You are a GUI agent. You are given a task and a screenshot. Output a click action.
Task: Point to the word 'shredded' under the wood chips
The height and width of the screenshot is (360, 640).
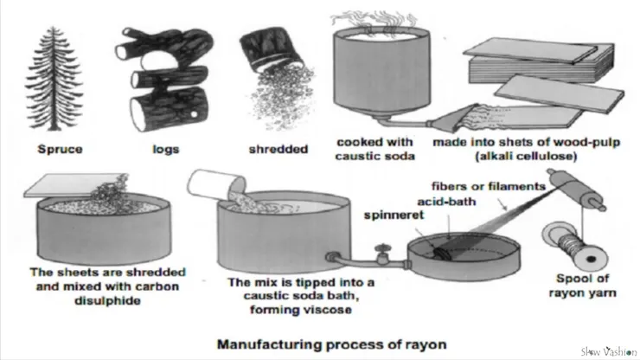pyautogui.click(x=278, y=148)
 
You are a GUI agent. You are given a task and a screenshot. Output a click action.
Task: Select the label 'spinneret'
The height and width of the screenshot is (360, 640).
pyautogui.click(x=392, y=211)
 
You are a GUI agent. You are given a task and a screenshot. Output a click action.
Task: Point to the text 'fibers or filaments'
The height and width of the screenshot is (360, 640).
pyautogui.click(x=488, y=184)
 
